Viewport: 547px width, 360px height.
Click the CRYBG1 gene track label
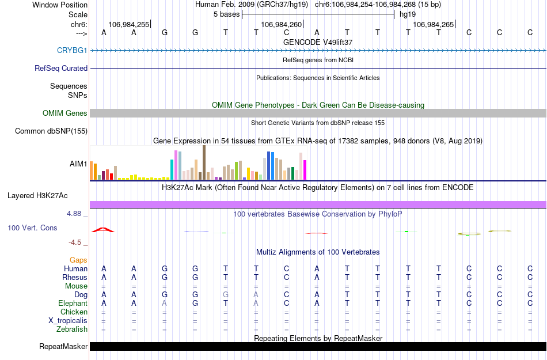click(72, 50)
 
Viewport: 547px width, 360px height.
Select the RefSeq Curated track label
click(61, 68)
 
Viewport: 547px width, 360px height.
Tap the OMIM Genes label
click(65, 113)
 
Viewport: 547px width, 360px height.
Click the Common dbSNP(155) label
click(51, 131)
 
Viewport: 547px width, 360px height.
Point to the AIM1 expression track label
click(78, 164)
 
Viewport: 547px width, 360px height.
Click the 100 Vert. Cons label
click(32, 228)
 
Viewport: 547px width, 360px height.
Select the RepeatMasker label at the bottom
click(63, 347)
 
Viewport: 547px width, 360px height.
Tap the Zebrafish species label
click(72, 329)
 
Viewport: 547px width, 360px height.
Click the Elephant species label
click(73, 303)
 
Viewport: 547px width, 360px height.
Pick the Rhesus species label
click(75, 277)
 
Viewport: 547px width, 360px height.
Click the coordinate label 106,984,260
click(281, 25)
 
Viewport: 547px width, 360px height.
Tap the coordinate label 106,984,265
click(433, 25)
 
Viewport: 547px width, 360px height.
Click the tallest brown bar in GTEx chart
click(204, 162)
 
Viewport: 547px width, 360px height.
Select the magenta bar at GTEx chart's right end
click(305, 169)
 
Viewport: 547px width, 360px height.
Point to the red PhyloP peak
click(103, 230)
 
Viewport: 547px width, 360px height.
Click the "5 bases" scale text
click(226, 14)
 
